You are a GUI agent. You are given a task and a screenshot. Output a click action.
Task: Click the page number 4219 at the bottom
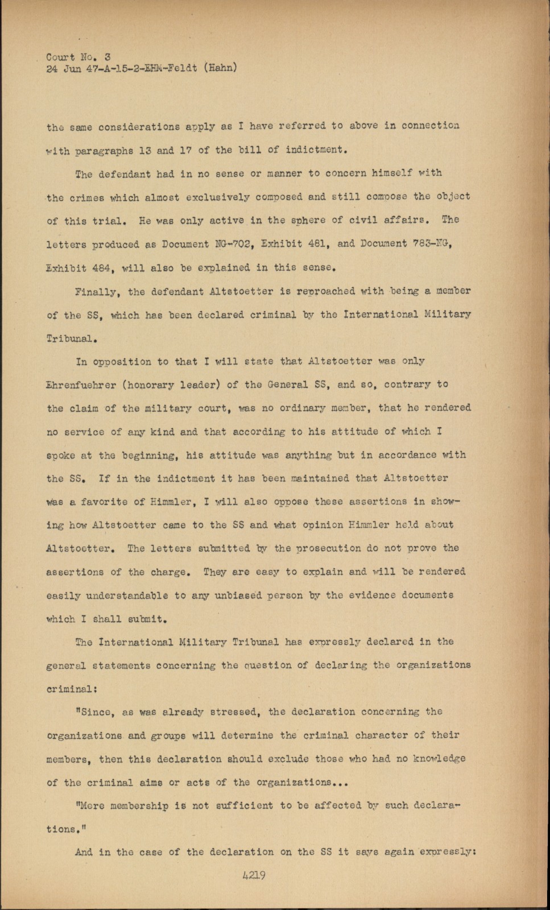[x=254, y=876]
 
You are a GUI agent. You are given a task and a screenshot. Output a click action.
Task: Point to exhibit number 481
[x=316, y=245]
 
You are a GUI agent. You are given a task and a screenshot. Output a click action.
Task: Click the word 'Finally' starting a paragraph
[x=96, y=292]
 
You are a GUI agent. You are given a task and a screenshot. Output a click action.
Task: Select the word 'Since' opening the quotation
[x=94, y=712]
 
